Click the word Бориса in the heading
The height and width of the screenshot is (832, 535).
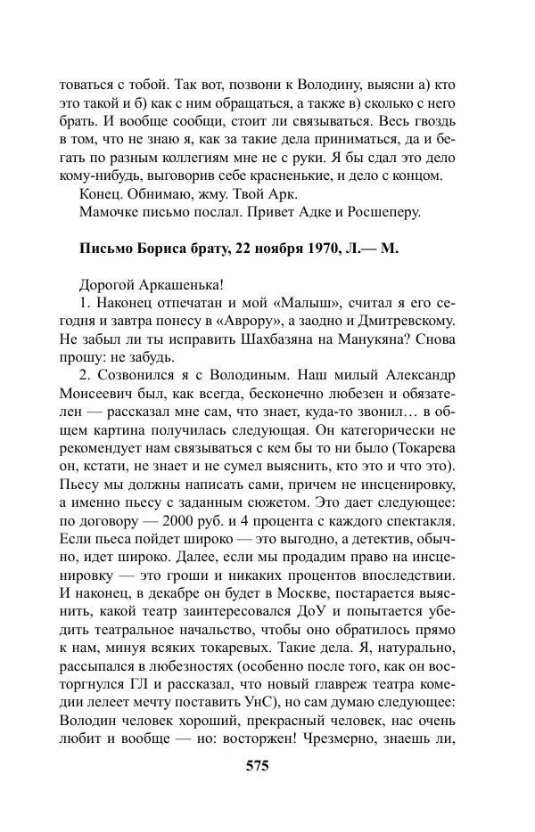click(164, 249)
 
